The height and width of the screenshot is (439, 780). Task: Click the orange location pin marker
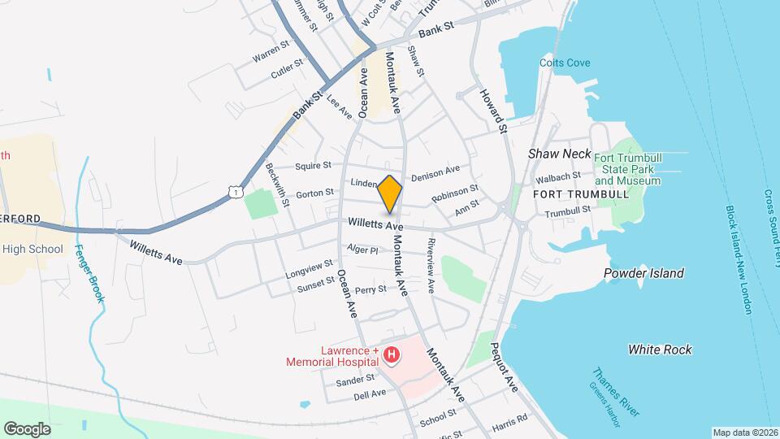[390, 193]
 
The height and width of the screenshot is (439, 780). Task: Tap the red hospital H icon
[392, 354]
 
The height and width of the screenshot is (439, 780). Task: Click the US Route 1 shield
[235, 191]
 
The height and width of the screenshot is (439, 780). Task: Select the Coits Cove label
[565, 63]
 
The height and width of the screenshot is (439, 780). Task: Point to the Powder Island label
[643, 273]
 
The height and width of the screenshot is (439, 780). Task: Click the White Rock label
[660, 350]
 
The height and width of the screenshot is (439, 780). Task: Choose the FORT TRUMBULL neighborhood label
[581, 194]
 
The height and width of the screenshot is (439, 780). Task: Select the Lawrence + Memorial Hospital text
[333, 355]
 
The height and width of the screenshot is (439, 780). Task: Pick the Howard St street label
[493, 111]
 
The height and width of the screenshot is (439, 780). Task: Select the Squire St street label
[314, 165]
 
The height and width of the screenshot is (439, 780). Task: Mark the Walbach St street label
[557, 176]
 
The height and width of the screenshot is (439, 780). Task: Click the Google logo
[27, 428]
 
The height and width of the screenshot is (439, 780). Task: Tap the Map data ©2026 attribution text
[744, 432]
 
